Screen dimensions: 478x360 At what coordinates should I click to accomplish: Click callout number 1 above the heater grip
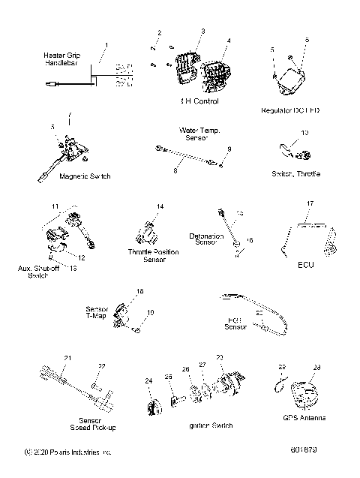pos(106,46)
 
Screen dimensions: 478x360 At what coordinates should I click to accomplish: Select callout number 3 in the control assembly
pos(202,31)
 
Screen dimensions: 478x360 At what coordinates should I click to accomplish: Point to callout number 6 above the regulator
pos(306,39)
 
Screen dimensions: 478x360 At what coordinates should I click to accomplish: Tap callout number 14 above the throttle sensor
pos(160,206)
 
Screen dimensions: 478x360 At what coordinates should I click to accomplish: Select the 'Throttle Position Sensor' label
pos(154,256)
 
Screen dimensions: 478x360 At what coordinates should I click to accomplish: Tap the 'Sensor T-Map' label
pos(117,311)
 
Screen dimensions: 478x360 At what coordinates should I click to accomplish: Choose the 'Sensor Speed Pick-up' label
pos(94,424)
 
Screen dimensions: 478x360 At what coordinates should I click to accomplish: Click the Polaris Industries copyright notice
pos(67,452)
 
